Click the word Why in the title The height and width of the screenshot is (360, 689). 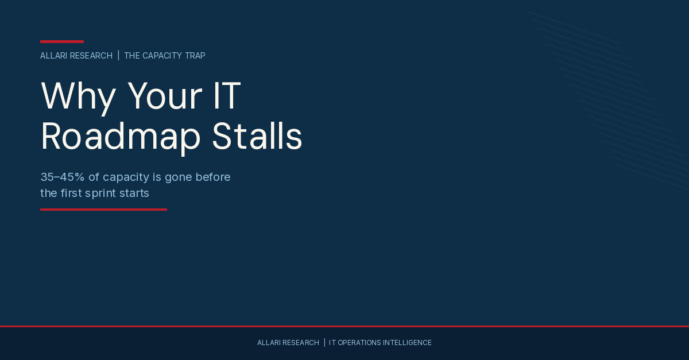point(78,96)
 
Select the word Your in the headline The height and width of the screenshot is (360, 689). point(164,96)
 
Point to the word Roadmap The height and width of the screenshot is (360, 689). point(121,137)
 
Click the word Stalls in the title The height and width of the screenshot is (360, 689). point(257,137)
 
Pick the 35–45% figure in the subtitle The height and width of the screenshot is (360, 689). point(62,177)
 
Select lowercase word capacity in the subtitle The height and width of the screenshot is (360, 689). point(126,177)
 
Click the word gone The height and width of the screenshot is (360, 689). point(180,177)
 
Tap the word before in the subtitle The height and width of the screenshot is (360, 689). point(214,177)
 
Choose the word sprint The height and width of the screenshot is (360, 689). point(103,193)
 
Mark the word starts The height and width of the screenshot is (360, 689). point(136,193)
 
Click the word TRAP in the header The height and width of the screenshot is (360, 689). point(195,56)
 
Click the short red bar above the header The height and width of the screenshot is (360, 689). point(62,41)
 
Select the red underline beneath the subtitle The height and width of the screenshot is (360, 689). point(103,210)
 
